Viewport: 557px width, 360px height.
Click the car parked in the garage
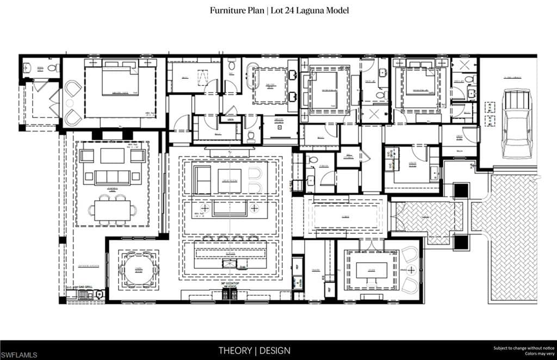516,123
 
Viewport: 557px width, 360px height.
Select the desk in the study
372,270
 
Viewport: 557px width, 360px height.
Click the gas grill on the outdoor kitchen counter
86,295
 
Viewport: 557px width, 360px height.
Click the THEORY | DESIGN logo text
255,350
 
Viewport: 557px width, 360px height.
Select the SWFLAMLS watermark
19,355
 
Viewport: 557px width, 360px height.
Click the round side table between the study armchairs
411,270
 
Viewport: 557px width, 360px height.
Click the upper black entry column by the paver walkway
461,191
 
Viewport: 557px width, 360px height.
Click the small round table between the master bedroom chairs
70,103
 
